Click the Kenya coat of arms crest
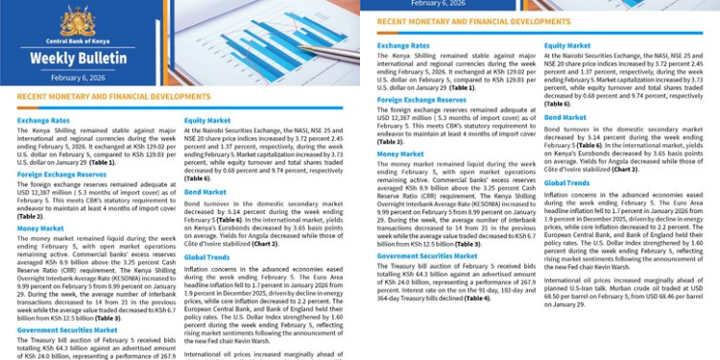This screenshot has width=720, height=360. (77, 19)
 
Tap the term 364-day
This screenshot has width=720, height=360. (389, 299)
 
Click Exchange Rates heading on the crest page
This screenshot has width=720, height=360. (43, 120)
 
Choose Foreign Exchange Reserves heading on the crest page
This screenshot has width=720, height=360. (60, 174)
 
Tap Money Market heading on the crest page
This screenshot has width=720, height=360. (40, 228)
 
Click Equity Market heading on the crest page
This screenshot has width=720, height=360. (206, 120)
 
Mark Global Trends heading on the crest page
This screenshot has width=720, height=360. (206, 258)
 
